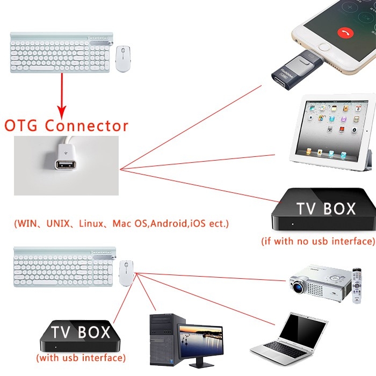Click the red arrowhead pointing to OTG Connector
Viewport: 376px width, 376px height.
click(x=63, y=112)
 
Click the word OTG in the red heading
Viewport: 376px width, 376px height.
click(x=22, y=126)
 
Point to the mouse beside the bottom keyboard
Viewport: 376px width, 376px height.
click(x=127, y=273)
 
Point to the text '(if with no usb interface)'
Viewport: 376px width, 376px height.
click(x=318, y=241)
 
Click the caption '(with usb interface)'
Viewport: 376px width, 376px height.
click(x=81, y=357)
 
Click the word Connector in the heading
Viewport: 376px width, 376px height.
click(x=86, y=126)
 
